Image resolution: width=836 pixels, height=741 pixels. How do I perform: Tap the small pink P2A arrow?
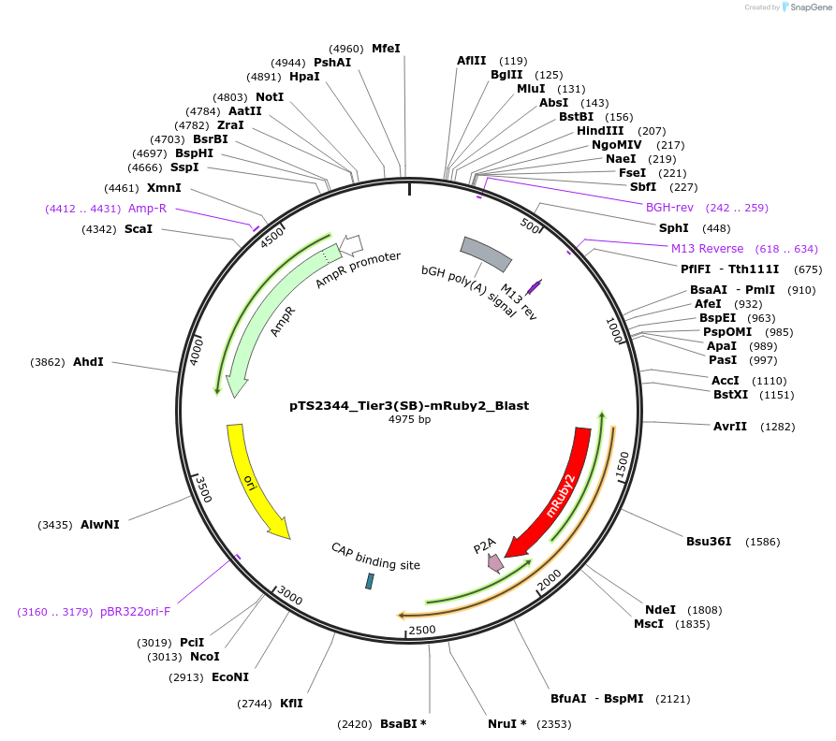494,562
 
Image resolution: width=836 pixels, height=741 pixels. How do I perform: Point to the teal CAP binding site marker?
369,581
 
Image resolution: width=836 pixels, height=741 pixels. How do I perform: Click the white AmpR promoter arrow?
350,244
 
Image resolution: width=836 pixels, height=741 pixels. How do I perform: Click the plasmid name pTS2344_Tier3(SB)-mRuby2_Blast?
409,406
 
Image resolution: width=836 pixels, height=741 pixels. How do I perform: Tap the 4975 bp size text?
409,420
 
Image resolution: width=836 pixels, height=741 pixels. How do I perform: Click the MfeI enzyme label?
386,48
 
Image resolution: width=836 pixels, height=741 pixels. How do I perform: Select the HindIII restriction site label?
600,131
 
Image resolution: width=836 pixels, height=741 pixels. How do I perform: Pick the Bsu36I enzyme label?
709,541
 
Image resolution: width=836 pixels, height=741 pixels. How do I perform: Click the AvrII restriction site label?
730,427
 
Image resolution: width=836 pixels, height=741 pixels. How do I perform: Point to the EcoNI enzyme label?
230,677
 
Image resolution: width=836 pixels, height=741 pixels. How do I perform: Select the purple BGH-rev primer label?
668,207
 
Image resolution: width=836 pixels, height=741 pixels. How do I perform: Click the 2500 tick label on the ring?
422,629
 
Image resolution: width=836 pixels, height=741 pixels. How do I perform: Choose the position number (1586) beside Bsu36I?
762,542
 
